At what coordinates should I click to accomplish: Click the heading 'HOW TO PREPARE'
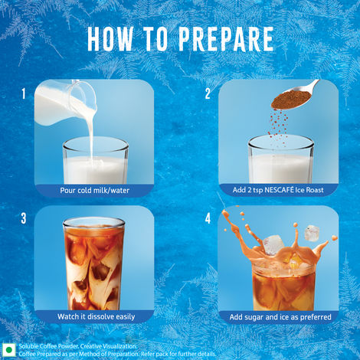pyautogui.click(x=181, y=39)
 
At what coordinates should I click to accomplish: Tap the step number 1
pyautogui.click(x=24, y=95)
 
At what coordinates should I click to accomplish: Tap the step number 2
pyautogui.click(x=208, y=95)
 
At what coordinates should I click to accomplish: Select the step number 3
pyautogui.click(x=24, y=218)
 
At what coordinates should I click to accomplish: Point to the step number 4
pyautogui.click(x=208, y=218)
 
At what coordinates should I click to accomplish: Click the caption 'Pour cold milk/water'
pyautogui.click(x=93, y=190)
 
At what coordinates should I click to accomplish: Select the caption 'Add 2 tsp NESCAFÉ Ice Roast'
pyautogui.click(x=278, y=190)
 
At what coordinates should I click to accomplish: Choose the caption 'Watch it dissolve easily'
pyautogui.click(x=93, y=316)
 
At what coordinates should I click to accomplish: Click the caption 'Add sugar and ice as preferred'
pyautogui.click(x=278, y=316)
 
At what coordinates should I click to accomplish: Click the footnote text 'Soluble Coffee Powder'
pyautogui.click(x=45, y=345)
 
